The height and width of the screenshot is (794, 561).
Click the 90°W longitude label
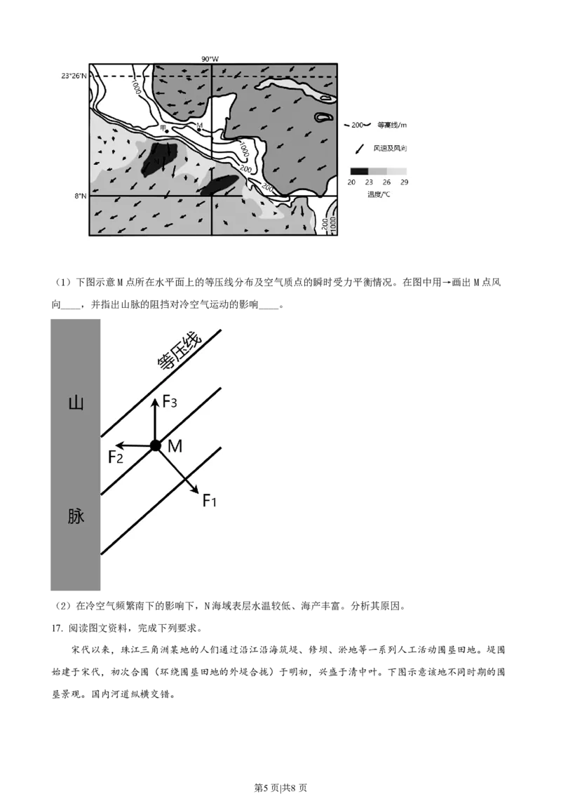(x=210, y=60)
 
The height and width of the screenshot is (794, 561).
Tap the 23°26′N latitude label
(x=74, y=76)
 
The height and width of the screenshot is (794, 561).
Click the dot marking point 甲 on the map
(x=167, y=130)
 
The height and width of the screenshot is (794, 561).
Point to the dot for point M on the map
(x=199, y=130)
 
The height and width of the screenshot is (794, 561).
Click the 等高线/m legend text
(x=392, y=125)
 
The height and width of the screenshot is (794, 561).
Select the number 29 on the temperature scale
(x=404, y=182)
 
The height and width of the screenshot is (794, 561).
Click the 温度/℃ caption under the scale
(x=379, y=194)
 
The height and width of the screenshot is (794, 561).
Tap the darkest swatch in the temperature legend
(x=359, y=171)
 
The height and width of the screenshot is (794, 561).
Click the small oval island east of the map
(x=323, y=117)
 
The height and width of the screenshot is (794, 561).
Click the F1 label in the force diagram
(x=210, y=500)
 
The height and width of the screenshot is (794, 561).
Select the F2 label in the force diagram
(x=116, y=457)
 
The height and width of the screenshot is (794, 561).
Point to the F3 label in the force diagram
(x=170, y=402)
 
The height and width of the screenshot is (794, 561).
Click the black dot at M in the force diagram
(x=156, y=445)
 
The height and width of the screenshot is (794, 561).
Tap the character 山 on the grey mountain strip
(x=75, y=403)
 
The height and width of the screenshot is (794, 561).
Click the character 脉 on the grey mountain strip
(x=75, y=516)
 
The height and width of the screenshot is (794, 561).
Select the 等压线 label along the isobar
(x=178, y=354)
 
